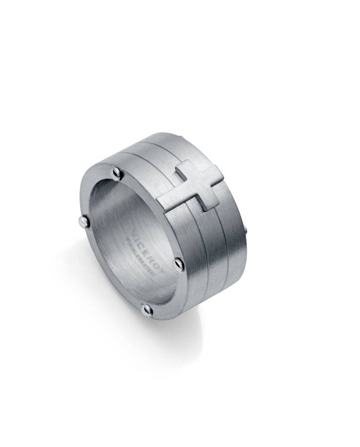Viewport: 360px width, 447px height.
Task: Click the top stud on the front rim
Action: pyautogui.click(x=117, y=172)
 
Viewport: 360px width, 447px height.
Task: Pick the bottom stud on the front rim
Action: pyautogui.click(x=147, y=310)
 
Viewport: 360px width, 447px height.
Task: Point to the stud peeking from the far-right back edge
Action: pyautogui.click(x=245, y=229)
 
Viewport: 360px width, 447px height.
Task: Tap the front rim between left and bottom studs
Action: pyautogui.click(x=107, y=278)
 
